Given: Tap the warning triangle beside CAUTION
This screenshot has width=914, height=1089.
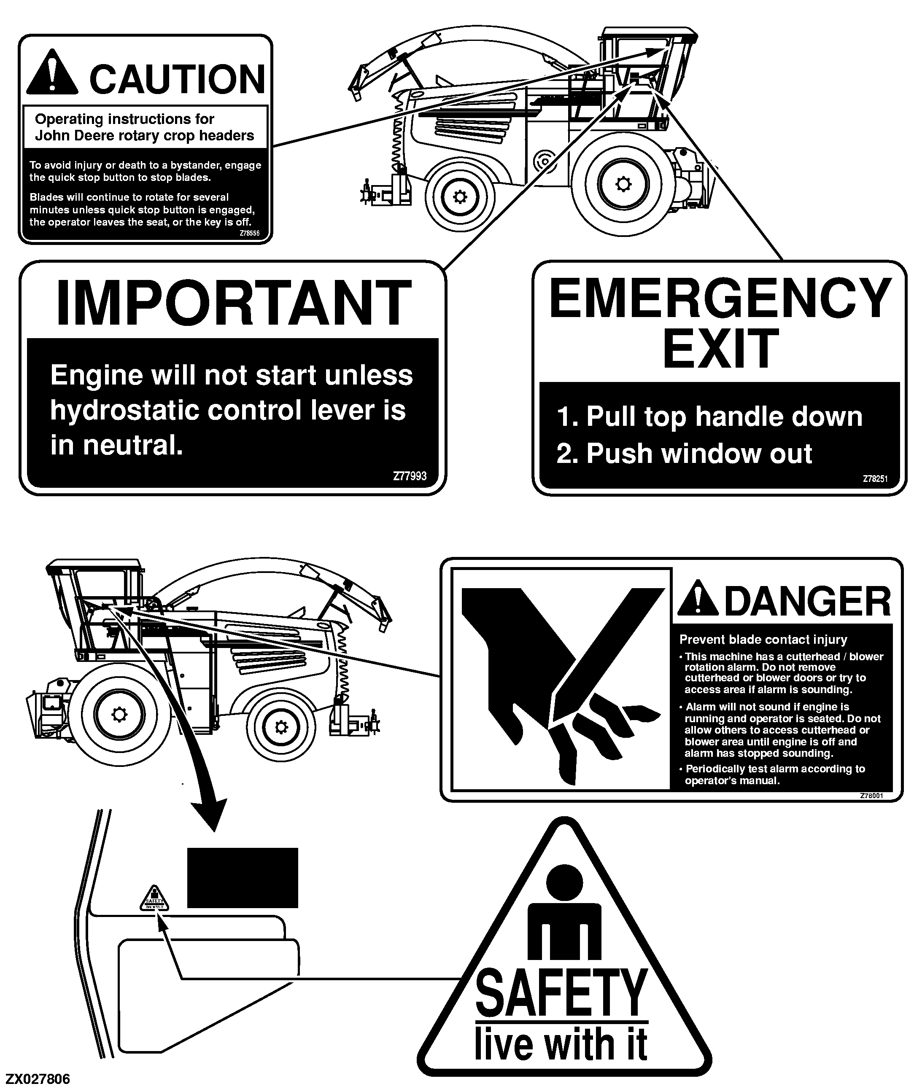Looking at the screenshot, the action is [52, 72].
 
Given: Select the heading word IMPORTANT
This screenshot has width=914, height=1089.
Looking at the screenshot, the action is [233, 303].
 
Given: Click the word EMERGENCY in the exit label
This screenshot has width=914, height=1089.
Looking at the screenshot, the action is [720, 298].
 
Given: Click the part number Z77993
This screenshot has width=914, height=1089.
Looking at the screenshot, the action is [410, 476].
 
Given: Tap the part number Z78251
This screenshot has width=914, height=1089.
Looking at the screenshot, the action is [875, 479].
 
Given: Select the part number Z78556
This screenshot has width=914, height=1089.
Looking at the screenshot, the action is [250, 234].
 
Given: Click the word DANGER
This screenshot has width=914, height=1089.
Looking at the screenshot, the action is [808, 601].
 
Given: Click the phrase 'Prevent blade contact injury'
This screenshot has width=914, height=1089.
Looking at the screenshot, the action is [763, 640].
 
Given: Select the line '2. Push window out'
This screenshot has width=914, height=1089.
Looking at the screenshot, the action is [684, 454].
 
